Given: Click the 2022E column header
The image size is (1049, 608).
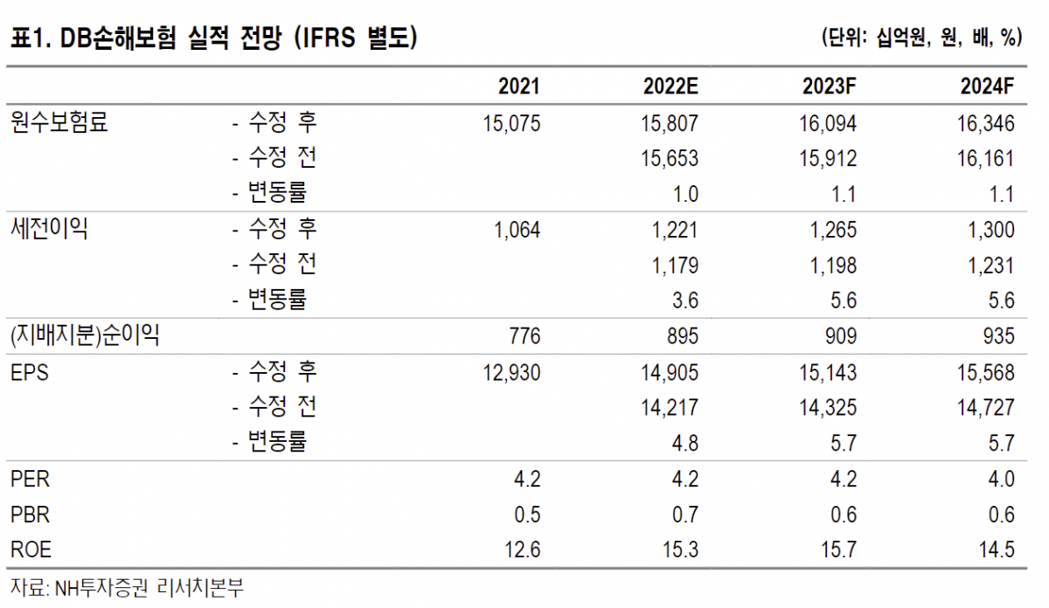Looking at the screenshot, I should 670,86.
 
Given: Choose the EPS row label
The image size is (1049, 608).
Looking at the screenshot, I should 31,373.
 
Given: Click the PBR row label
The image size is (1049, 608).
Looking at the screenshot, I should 31,515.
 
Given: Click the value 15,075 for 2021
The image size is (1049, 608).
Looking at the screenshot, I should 511,123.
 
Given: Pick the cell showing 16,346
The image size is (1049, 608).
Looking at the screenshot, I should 985,123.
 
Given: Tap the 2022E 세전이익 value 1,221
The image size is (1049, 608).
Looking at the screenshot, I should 675,230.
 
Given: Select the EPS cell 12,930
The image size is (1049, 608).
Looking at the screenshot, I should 511,373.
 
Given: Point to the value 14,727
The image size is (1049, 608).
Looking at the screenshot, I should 985,408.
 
